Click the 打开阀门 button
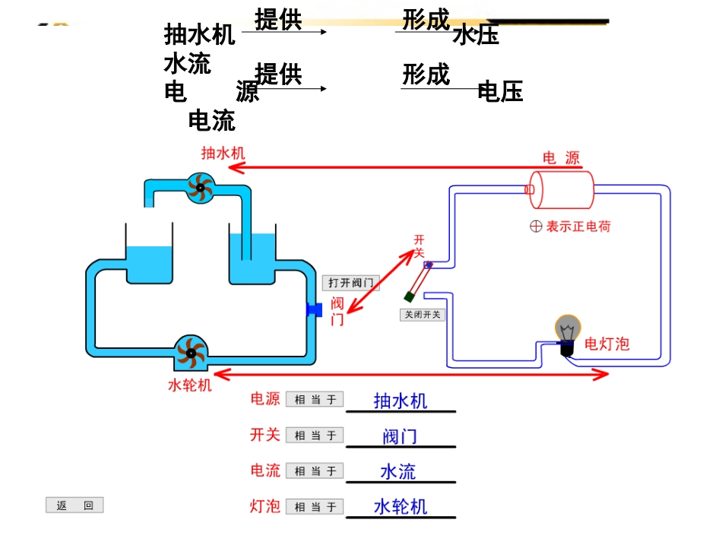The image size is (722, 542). [x=350, y=283]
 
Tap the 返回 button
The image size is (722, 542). [x=74, y=506]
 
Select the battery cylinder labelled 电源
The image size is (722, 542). [x=562, y=190]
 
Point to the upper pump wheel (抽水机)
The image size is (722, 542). [x=201, y=187]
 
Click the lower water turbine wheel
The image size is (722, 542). [x=189, y=352]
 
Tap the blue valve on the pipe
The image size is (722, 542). [x=314, y=309]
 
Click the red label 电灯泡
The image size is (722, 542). [x=606, y=344]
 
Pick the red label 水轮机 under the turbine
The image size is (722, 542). [x=189, y=385]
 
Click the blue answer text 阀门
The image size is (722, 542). [x=400, y=436]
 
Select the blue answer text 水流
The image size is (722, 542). [x=398, y=471]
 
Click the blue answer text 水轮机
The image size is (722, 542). [x=401, y=506]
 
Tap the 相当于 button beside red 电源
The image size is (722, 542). [x=315, y=400]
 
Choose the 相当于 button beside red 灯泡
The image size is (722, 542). [x=315, y=506]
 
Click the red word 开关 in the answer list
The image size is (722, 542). [x=265, y=435]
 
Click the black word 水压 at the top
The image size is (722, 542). [x=476, y=35]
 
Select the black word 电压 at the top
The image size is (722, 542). [x=500, y=92]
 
